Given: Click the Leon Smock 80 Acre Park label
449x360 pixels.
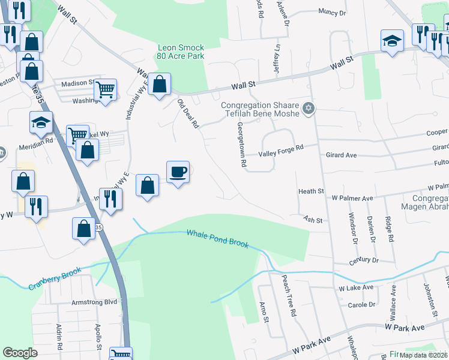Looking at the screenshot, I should click(181, 52).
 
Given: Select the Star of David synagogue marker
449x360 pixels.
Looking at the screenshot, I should click(310, 108).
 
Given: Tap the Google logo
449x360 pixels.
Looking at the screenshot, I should click(20, 353).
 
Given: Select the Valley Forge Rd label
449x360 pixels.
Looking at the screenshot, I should click(281, 155).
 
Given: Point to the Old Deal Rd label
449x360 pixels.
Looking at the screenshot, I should click(188, 114).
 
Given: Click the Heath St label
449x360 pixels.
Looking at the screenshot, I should click(311, 191).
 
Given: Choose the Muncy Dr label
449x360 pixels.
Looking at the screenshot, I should click(333, 12).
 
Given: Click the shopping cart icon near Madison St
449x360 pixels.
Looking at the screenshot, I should click(106, 90).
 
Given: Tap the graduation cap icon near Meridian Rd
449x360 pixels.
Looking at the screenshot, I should click(41, 123).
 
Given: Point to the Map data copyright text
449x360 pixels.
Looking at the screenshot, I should click(424, 355).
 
